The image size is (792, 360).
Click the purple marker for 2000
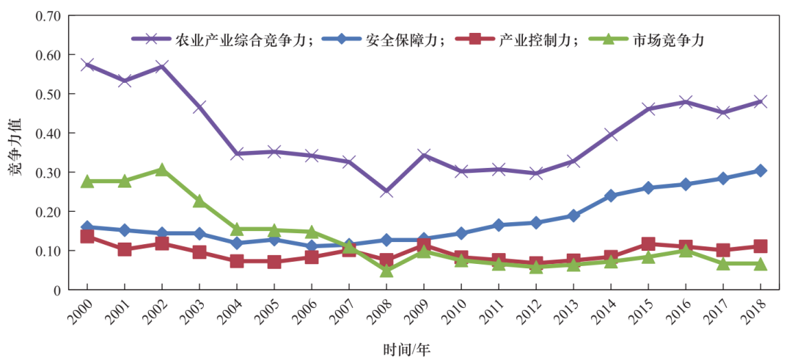click(87, 65)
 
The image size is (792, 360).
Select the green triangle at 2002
click(162, 169)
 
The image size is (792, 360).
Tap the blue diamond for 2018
click(760, 171)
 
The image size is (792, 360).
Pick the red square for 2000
click(87, 236)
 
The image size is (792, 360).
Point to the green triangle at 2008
click(386, 271)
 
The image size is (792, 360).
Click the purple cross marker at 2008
click(386, 191)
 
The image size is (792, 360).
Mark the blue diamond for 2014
click(611, 196)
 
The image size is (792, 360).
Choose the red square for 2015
click(648, 244)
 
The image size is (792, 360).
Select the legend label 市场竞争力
click(669, 40)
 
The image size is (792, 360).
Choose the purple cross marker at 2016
click(686, 102)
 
